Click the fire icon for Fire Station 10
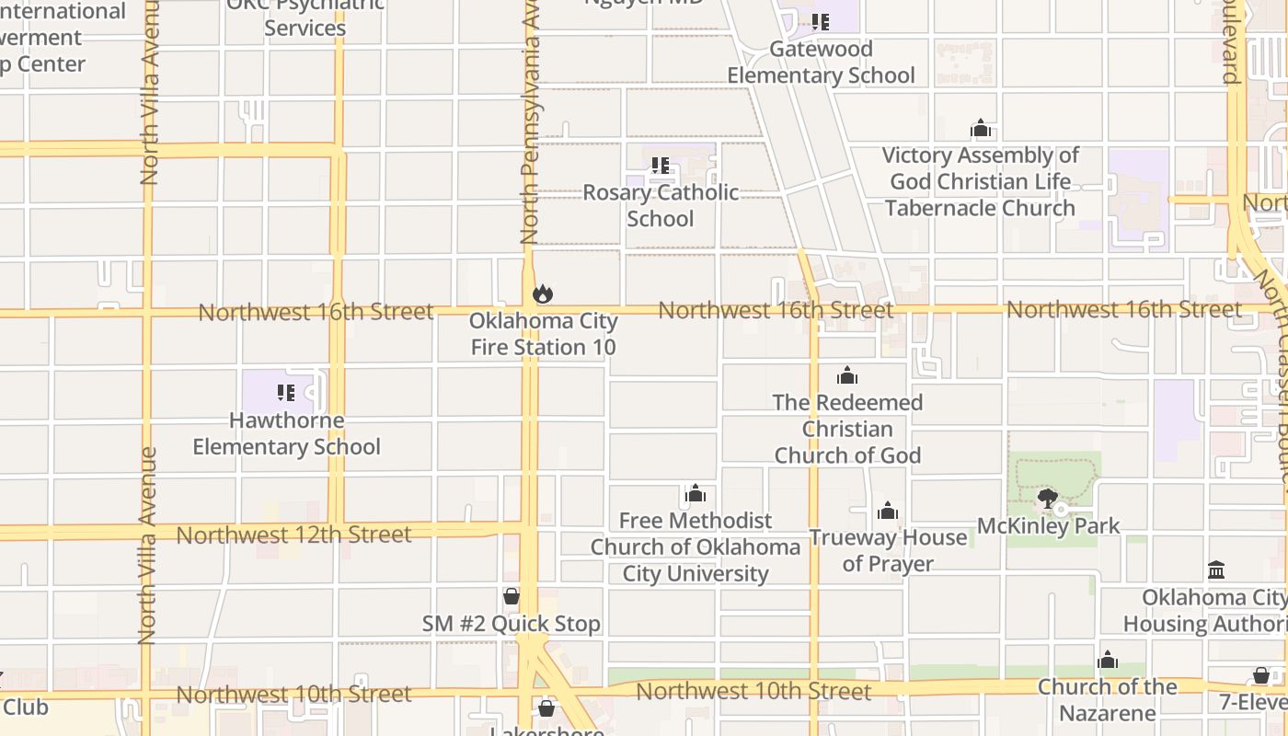point(542,294)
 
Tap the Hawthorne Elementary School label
point(286,433)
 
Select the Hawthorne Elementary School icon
point(286,393)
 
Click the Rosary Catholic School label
point(661,205)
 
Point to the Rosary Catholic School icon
point(660,166)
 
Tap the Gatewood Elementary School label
point(821,62)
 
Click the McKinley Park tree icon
point(1047,500)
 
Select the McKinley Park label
point(1048,526)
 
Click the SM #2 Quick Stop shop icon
point(511,596)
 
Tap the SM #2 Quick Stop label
point(511,624)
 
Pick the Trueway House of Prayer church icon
point(888,511)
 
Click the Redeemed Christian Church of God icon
point(847,375)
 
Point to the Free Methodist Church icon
point(696,494)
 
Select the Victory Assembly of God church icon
point(981,128)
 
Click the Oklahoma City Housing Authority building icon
point(1216,570)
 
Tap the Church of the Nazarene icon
point(1108,660)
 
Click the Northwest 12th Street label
point(293,535)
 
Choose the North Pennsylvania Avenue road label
point(530,129)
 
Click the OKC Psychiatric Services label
point(305,18)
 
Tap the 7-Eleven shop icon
point(1260,676)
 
